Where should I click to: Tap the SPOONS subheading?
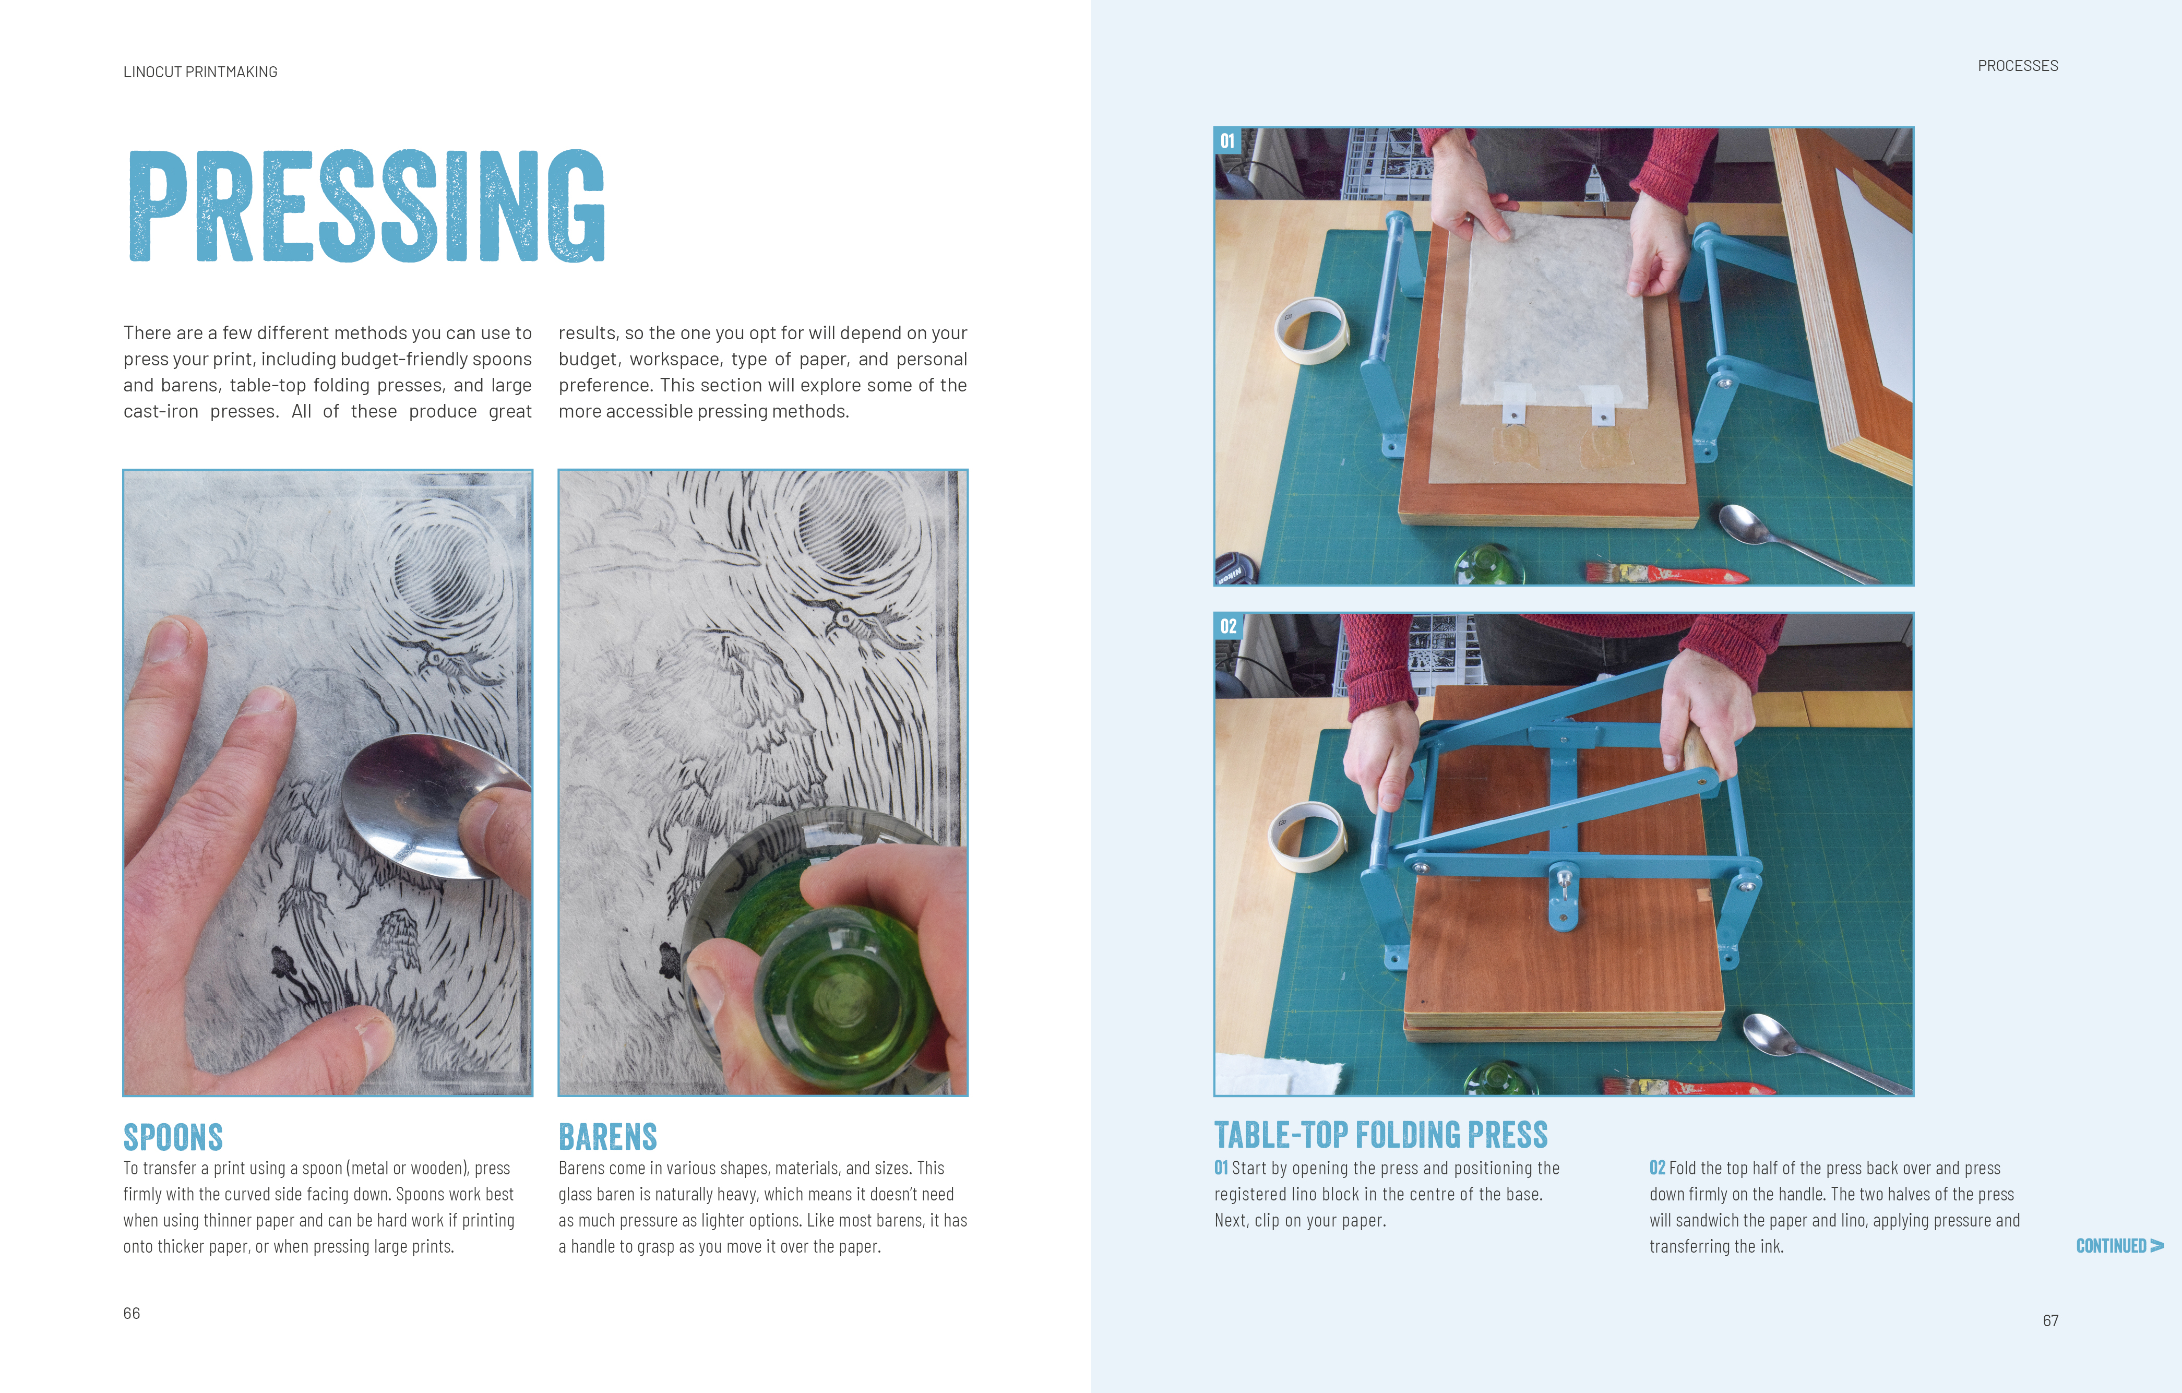coord(173,1137)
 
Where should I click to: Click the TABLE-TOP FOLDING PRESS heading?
coord(1381,1135)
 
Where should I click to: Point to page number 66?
coord(132,1313)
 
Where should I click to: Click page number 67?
coord(2050,1320)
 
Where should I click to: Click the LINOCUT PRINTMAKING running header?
coord(200,72)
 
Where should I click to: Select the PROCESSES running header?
coord(2018,65)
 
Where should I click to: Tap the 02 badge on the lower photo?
coord(1228,626)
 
